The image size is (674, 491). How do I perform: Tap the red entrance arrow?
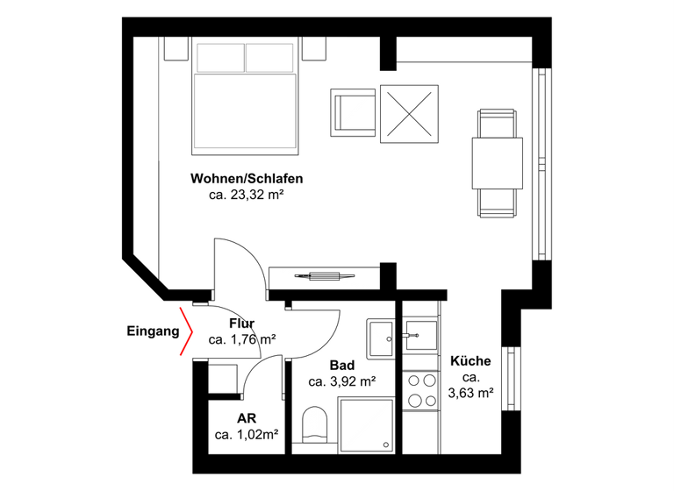186,332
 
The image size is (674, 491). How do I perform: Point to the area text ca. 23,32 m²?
246,196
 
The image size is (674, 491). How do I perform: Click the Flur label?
241,324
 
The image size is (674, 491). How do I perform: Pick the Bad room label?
342,365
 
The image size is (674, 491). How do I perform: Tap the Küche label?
470,360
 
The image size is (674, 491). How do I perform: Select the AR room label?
246,418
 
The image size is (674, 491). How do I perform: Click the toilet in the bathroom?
313,425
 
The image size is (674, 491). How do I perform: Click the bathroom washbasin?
382,338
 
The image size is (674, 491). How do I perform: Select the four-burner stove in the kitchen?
420,389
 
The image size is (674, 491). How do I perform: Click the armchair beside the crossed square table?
354,112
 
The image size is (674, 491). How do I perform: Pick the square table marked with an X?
408,112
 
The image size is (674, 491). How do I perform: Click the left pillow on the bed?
219,58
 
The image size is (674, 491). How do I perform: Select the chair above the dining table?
497,123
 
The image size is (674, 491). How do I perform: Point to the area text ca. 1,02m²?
247,435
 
